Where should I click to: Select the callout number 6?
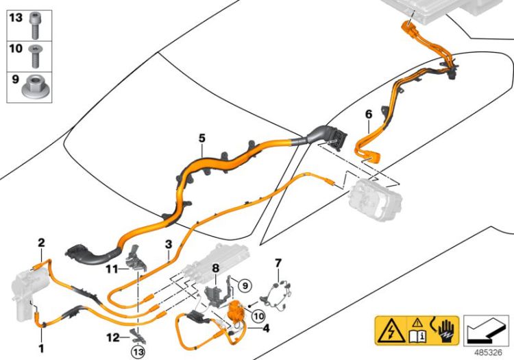pyautogui.click(x=368, y=113)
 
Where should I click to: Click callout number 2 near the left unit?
pyautogui.click(x=41, y=242)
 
